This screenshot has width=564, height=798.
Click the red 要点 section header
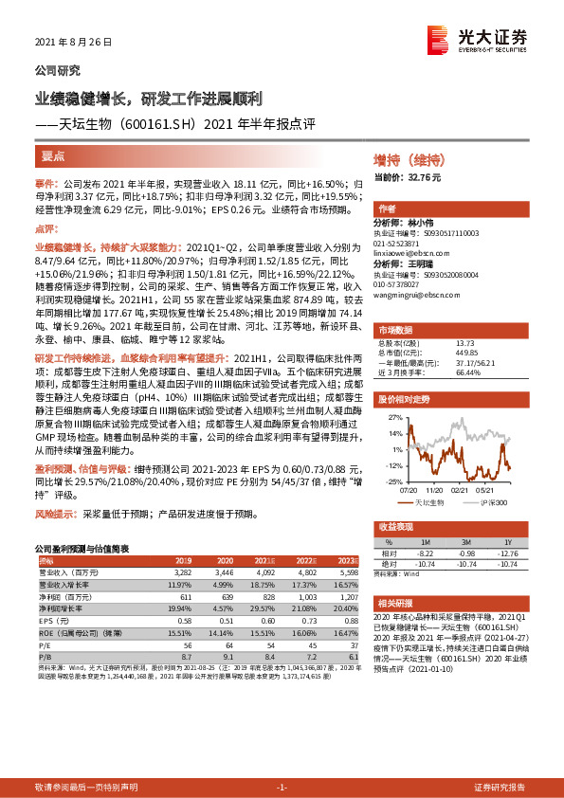(x=53, y=155)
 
